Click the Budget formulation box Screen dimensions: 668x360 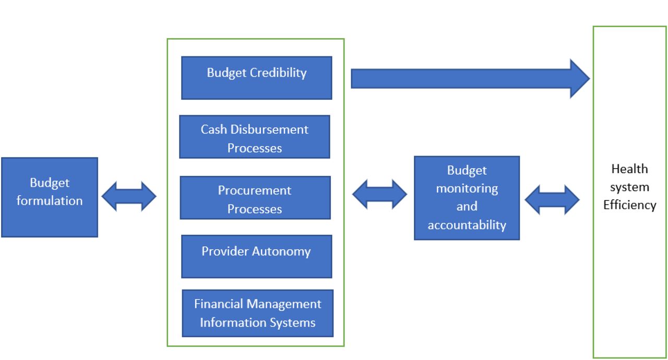pos(50,197)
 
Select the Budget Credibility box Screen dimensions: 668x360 pos(256,78)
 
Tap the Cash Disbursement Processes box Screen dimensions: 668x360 pos(254,137)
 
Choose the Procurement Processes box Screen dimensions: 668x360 pos(255,198)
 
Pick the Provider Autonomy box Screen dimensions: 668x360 pos(256,257)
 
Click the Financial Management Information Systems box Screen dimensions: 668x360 pos(258,313)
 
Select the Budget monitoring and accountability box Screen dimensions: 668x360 pos(467,198)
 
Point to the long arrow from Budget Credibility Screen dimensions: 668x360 pos(470,79)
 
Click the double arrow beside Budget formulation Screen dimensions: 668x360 pos(129,196)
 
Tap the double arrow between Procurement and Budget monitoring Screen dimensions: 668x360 pos(379,194)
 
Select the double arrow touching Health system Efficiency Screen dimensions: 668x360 pos(552,200)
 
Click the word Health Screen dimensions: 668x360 pos(629,169)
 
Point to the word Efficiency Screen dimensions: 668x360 pos(629,206)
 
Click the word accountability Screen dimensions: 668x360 pos(467,225)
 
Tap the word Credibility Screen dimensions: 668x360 pos(278,73)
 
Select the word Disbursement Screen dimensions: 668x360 pos(269,129)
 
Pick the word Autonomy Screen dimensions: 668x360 pos(281,252)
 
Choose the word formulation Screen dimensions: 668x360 pos(50,201)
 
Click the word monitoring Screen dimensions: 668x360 pos(467,189)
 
